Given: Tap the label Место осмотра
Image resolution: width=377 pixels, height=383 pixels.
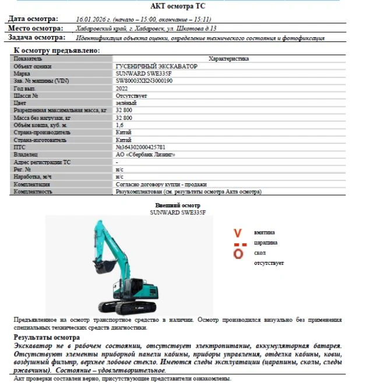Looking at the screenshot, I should [x=35, y=28].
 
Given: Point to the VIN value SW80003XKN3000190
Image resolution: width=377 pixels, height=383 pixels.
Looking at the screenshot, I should [x=144, y=81].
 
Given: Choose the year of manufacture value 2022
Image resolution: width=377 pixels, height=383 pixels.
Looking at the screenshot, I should [x=122, y=88].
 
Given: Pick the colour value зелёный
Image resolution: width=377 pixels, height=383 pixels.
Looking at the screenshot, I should [x=126, y=103].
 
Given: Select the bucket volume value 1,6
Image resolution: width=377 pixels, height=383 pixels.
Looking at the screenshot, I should [x=120, y=125].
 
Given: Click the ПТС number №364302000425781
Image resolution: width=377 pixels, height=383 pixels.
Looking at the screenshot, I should [x=140, y=147].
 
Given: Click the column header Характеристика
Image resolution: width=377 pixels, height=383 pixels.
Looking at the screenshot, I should [x=228, y=59].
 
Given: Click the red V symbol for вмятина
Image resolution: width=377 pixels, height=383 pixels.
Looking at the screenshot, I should [x=238, y=233].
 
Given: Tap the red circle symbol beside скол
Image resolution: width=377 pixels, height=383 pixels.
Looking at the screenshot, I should [x=238, y=254].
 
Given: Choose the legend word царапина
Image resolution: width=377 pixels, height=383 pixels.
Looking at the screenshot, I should [x=266, y=243].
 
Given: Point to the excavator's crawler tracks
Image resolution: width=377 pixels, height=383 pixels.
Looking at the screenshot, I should [x=125, y=306].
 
